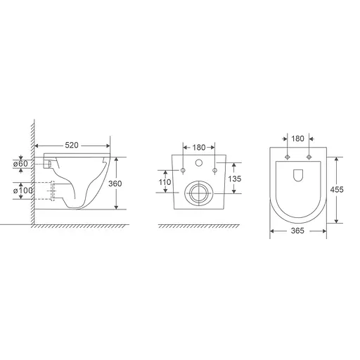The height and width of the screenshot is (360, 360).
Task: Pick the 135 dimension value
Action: pos(236,179)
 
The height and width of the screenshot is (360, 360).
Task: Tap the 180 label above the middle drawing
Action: pos(199,147)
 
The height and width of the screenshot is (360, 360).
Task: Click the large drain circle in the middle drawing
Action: pos(199,193)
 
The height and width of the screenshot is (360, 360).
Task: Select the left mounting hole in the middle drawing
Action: pos(183,171)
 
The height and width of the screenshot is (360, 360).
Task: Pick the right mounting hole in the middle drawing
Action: pos(215,171)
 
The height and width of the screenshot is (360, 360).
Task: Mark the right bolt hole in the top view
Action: pos(309,155)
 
